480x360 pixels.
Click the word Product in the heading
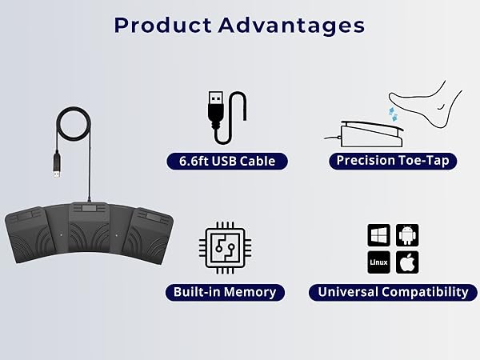(x=158, y=25)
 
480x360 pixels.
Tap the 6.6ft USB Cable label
(x=226, y=162)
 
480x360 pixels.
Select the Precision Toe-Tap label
(x=393, y=161)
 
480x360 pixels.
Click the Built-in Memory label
(x=225, y=292)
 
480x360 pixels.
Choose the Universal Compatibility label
(x=392, y=292)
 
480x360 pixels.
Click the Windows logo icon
(x=378, y=235)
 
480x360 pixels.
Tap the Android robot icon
(x=407, y=235)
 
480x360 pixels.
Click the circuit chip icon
(x=225, y=250)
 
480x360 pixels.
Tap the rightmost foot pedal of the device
(x=150, y=236)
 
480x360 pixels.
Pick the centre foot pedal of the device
(x=88, y=232)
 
